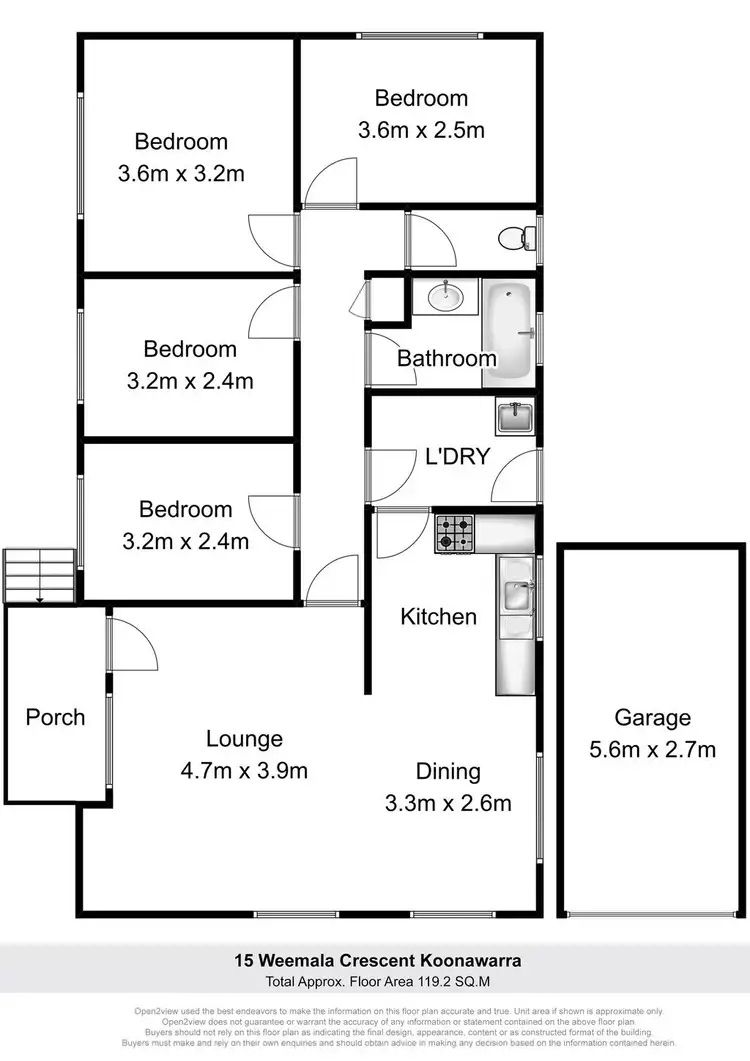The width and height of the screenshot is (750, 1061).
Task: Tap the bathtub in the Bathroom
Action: [x=509, y=332]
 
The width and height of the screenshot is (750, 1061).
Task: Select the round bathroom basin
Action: [x=446, y=296]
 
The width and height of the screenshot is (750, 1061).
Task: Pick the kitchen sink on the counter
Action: [x=516, y=596]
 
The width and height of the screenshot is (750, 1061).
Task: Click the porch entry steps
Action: [x=39, y=576]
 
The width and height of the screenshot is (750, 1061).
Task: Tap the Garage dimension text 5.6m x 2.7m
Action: [x=652, y=748]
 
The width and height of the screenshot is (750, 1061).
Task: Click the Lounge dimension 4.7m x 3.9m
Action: [x=244, y=770]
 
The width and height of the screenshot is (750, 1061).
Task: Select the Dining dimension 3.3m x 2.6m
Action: [x=448, y=802]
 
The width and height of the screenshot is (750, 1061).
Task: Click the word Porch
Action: [x=55, y=717]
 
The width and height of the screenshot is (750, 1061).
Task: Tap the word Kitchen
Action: [x=438, y=616]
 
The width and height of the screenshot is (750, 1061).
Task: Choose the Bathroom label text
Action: [x=446, y=358]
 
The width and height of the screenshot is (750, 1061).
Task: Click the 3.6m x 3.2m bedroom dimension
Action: [x=181, y=173]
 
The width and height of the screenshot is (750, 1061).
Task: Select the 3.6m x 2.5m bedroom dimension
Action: [x=421, y=129]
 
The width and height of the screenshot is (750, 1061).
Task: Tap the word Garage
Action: [x=652, y=717]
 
